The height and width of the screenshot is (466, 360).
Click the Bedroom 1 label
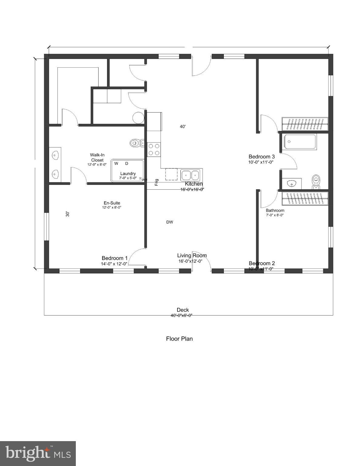coord(114,258)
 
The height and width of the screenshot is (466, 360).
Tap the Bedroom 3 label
coord(261,157)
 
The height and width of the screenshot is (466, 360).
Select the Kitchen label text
coord(194,184)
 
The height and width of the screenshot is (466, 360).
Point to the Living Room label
coord(192,255)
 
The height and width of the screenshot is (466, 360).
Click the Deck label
coord(183,310)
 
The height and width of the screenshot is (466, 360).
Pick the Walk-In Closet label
coord(97,157)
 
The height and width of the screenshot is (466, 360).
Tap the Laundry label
coord(128,174)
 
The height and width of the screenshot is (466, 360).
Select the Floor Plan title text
coord(179,339)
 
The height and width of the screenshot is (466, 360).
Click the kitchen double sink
coord(190,175)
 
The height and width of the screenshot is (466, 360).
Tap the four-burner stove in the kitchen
coord(154,150)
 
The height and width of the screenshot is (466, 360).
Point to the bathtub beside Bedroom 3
coord(300,142)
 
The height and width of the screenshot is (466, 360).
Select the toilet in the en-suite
coord(134,143)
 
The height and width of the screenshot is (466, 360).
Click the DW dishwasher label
coord(170,222)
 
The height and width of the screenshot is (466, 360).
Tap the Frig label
coord(156,182)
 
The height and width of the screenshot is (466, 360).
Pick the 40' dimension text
coord(182,127)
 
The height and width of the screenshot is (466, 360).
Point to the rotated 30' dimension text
coord(68,214)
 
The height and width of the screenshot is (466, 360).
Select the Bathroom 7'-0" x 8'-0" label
coord(275,212)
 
